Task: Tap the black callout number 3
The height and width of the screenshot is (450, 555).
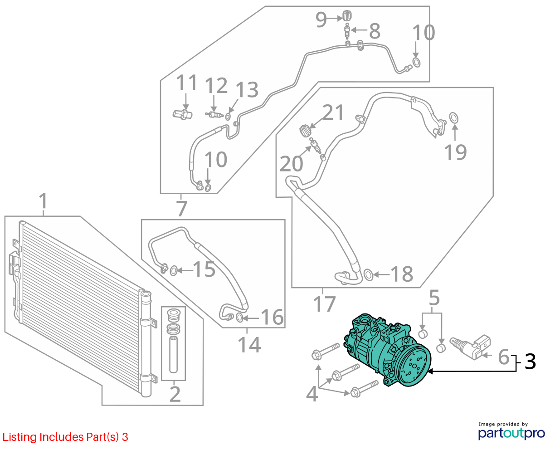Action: [x=530, y=362]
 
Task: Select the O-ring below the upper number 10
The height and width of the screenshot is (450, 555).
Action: [x=416, y=63]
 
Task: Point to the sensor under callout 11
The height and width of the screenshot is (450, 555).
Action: [x=182, y=114]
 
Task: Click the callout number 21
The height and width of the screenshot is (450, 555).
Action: [x=333, y=112]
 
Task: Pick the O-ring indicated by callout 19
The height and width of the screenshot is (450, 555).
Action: [x=453, y=117]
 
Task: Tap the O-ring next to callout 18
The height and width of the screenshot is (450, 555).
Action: [x=368, y=274]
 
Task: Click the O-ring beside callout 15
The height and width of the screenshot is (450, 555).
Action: [x=174, y=271]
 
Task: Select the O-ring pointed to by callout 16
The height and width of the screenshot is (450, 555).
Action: [x=239, y=318]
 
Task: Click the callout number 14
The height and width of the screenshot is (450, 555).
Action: [x=249, y=345]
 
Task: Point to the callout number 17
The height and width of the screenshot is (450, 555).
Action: [x=324, y=304]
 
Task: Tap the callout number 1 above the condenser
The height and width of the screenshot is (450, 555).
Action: [x=44, y=201]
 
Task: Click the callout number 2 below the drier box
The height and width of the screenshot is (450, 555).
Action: [x=175, y=394]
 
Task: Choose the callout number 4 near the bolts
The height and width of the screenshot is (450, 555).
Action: [x=312, y=394]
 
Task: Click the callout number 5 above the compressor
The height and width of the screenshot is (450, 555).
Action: [x=434, y=298]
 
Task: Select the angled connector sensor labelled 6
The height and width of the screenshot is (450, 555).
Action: [x=471, y=347]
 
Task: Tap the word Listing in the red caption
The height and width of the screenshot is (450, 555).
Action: [x=19, y=437]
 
